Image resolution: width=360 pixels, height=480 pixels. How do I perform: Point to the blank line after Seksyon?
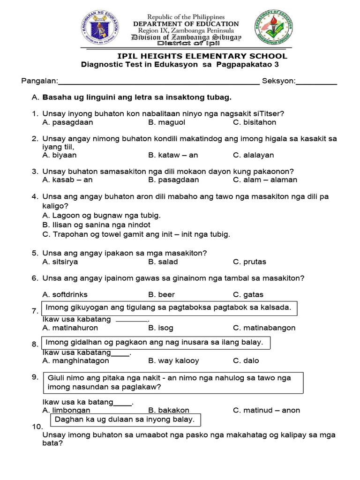click(316, 83)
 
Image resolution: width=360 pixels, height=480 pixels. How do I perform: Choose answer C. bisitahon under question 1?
click(255, 122)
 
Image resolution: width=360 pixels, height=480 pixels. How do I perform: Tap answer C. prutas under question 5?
click(249, 262)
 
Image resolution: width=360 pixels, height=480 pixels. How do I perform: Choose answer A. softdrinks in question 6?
click(65, 294)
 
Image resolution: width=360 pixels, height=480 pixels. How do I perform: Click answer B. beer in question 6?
click(161, 294)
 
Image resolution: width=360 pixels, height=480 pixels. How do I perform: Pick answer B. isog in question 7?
click(160, 328)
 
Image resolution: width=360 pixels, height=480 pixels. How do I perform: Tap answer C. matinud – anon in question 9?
click(266, 410)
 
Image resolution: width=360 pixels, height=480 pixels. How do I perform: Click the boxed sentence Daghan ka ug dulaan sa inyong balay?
click(125, 419)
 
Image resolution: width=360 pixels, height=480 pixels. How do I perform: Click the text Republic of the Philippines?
click(186, 17)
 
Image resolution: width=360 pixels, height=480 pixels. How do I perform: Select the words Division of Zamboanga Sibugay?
click(186, 37)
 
